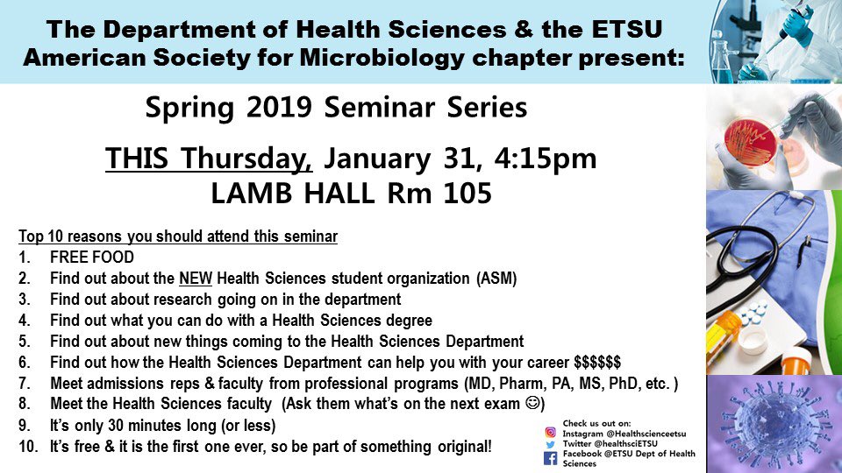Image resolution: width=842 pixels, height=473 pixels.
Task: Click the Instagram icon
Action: (551, 432)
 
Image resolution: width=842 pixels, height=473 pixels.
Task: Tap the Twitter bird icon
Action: (551, 444)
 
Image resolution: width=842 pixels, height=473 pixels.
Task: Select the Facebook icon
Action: (551, 457)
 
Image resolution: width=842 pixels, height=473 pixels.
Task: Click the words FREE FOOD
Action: (92, 258)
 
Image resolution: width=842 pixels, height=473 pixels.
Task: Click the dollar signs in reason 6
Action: (597, 363)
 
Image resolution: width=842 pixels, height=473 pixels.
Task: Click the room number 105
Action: (464, 193)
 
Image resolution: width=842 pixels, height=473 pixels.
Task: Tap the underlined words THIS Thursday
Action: (209, 159)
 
